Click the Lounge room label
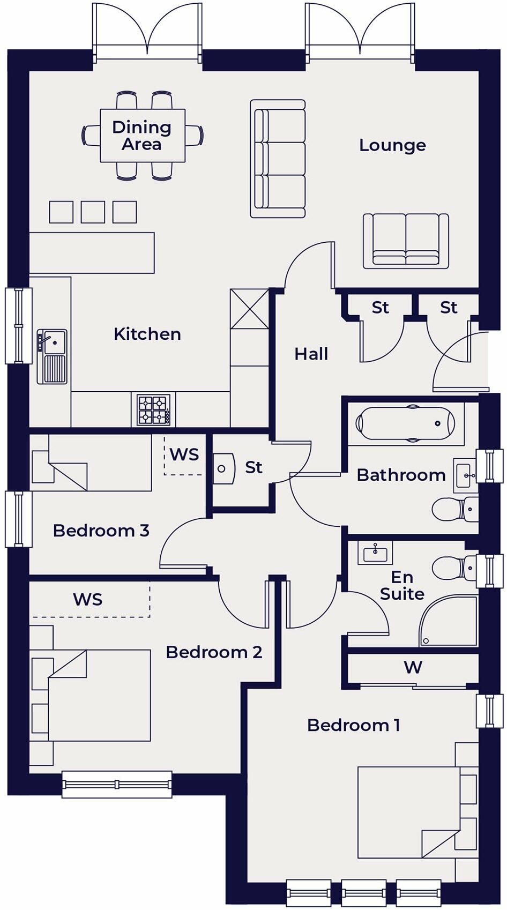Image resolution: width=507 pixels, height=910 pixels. coord(392,145)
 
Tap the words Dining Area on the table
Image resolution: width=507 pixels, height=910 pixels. coord(142,136)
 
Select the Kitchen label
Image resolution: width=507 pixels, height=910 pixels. coord(147,334)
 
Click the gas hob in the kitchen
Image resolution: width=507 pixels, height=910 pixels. coord(153,409)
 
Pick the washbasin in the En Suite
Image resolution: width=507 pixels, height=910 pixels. coord(375,553)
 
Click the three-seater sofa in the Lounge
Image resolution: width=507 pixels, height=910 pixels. coord(278,159)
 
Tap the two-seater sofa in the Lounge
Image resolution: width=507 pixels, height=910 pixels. coord(406,241)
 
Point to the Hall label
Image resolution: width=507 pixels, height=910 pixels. coord(311,354)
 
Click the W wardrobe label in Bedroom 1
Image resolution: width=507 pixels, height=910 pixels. coord(413,667)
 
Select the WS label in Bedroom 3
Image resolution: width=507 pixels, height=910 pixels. coord(184,454)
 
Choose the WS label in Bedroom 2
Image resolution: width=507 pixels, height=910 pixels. coord(88,599)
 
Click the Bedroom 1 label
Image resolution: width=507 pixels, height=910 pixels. coord(353,725)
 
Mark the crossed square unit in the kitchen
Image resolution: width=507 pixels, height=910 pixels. coord(249,309)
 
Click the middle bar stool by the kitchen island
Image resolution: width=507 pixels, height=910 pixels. coord(93,212)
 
